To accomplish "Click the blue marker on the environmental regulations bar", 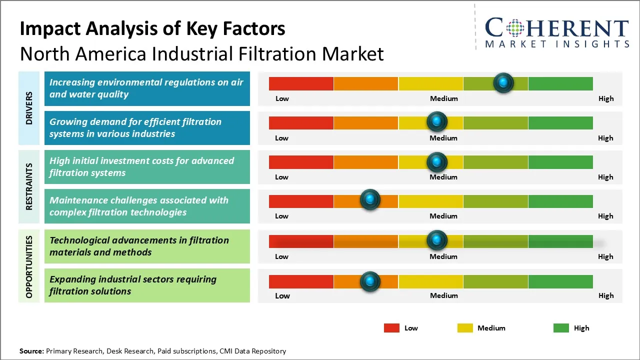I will click(x=503, y=82).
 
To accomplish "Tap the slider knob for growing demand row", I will click(x=437, y=121).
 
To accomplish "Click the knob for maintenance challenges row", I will click(x=370, y=200).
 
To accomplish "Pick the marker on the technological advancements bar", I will click(x=437, y=240).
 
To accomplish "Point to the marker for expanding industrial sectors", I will click(x=370, y=281).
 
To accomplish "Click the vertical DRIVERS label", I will click(x=29, y=108).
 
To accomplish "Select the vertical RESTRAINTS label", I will click(x=29, y=186).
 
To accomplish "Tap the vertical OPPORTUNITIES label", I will click(x=29, y=266).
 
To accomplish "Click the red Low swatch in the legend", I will click(x=391, y=328).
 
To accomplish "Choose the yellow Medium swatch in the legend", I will click(x=465, y=328).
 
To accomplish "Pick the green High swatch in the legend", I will click(x=561, y=328).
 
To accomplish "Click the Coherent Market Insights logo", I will click(x=556, y=32).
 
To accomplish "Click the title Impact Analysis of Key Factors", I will click(x=152, y=28).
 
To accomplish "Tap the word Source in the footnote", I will click(x=31, y=351).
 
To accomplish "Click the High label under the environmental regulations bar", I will click(x=605, y=98).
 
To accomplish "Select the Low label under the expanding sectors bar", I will click(x=282, y=295).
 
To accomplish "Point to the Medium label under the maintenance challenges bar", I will click(x=443, y=216).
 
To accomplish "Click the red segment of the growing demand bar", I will click(x=301, y=122).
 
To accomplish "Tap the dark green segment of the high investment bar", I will click(x=560, y=162).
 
